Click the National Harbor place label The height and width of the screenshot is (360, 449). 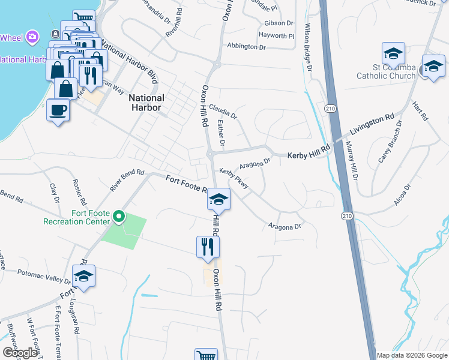147,103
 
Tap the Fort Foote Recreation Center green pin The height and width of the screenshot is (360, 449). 119,216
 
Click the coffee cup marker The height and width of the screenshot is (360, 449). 58,110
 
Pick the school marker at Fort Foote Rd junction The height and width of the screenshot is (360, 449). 219,199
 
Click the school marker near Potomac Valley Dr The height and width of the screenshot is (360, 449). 83,276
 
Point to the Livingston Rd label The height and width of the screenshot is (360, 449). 372,123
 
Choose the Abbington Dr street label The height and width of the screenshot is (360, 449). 246,47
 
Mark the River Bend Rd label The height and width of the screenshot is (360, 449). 127,179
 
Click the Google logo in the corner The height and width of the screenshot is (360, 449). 20,352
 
